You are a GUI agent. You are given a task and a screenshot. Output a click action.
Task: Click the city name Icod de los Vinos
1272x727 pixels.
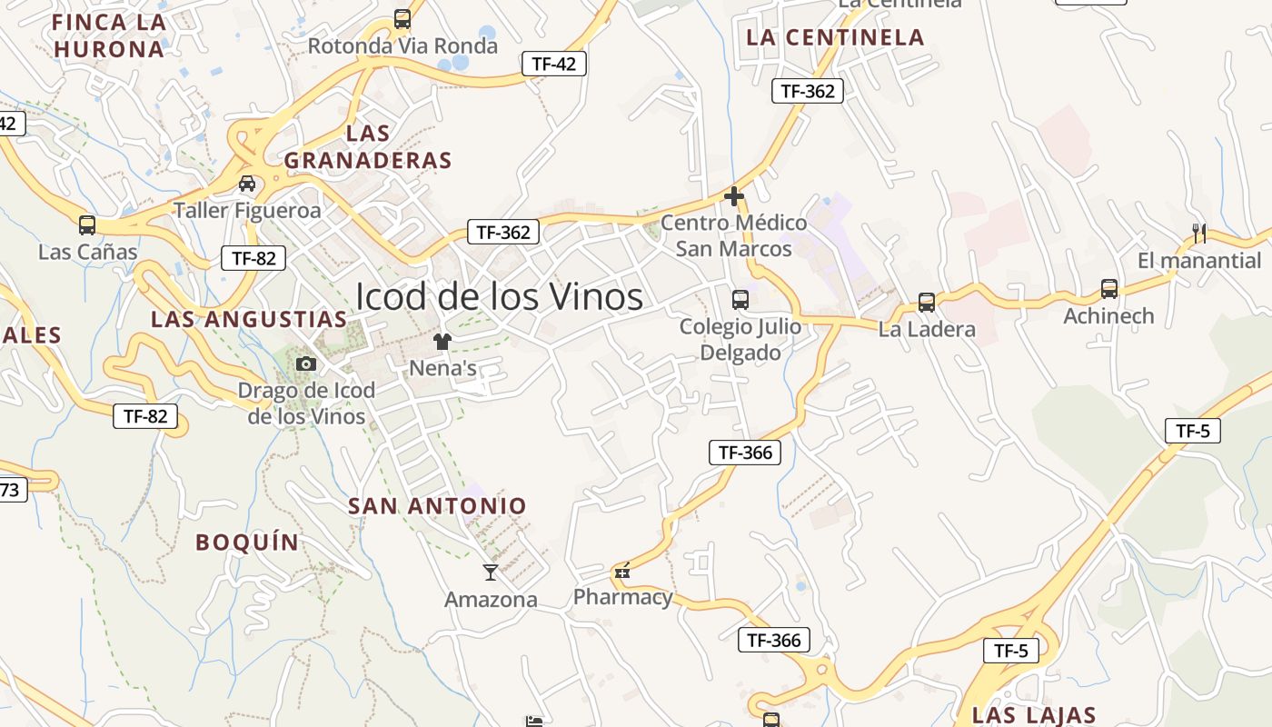[499, 296]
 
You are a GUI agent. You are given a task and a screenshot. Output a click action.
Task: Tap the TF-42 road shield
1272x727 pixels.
[553, 64]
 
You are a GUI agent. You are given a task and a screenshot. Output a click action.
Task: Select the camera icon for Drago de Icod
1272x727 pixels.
[306, 364]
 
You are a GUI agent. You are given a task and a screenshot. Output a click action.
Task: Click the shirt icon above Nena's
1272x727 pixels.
[442, 342]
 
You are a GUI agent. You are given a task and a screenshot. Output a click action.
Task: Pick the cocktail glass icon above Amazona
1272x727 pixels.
[491, 572]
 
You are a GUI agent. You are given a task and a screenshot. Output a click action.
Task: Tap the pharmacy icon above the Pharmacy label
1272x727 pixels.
[622, 571]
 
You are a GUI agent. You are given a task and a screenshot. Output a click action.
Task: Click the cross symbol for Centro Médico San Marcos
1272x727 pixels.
[734, 195]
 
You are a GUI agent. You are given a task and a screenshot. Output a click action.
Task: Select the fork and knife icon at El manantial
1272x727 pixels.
[1199, 234]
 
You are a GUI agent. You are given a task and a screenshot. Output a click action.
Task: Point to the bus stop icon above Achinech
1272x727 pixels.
[1108, 289]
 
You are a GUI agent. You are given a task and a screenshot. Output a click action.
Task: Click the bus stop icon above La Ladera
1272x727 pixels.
[927, 303]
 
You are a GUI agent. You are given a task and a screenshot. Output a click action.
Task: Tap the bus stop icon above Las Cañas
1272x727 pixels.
[87, 225]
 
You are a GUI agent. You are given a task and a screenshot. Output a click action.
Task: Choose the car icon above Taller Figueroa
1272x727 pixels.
[247, 184]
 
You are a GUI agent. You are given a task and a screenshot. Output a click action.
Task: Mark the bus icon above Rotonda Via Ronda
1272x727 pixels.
[402, 19]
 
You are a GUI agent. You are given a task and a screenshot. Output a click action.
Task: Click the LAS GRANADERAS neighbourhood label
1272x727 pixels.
[368, 147]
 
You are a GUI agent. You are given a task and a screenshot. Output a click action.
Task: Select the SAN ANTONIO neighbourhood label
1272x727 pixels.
[437, 506]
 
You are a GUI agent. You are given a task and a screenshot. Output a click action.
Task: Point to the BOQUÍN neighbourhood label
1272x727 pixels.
[247, 543]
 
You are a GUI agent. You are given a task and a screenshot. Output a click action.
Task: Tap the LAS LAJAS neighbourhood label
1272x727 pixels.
[1034, 715]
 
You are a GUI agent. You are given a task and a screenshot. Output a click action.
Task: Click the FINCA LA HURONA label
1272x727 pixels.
[109, 35]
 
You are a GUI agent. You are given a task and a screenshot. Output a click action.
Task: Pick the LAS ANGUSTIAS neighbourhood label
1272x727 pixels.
[249, 320]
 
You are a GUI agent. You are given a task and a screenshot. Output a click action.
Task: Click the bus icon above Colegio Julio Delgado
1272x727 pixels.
[740, 299]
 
